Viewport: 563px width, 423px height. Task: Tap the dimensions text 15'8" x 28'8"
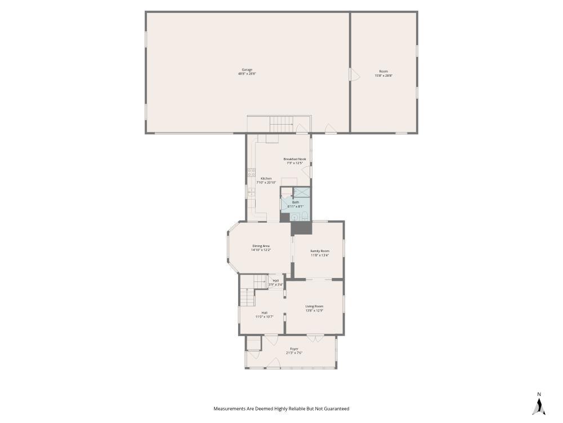pyautogui.click(x=383, y=75)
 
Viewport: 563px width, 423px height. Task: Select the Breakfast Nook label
pyautogui.click(x=294, y=159)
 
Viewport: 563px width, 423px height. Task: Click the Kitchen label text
pyautogui.click(x=266, y=178)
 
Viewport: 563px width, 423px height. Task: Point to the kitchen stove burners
pyautogui.click(x=251, y=172)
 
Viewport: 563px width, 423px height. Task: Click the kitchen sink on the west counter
pyautogui.click(x=251, y=192)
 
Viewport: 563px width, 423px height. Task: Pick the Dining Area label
pyautogui.click(x=261, y=246)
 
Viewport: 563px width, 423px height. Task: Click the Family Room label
pyautogui.click(x=320, y=250)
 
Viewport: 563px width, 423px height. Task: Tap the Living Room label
pyautogui.click(x=315, y=306)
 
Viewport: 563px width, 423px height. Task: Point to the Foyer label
pyautogui.click(x=294, y=349)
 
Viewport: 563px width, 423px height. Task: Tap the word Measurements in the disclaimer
pyautogui.click(x=230, y=408)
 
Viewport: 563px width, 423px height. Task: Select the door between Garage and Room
pyautogui.click(x=352, y=74)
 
